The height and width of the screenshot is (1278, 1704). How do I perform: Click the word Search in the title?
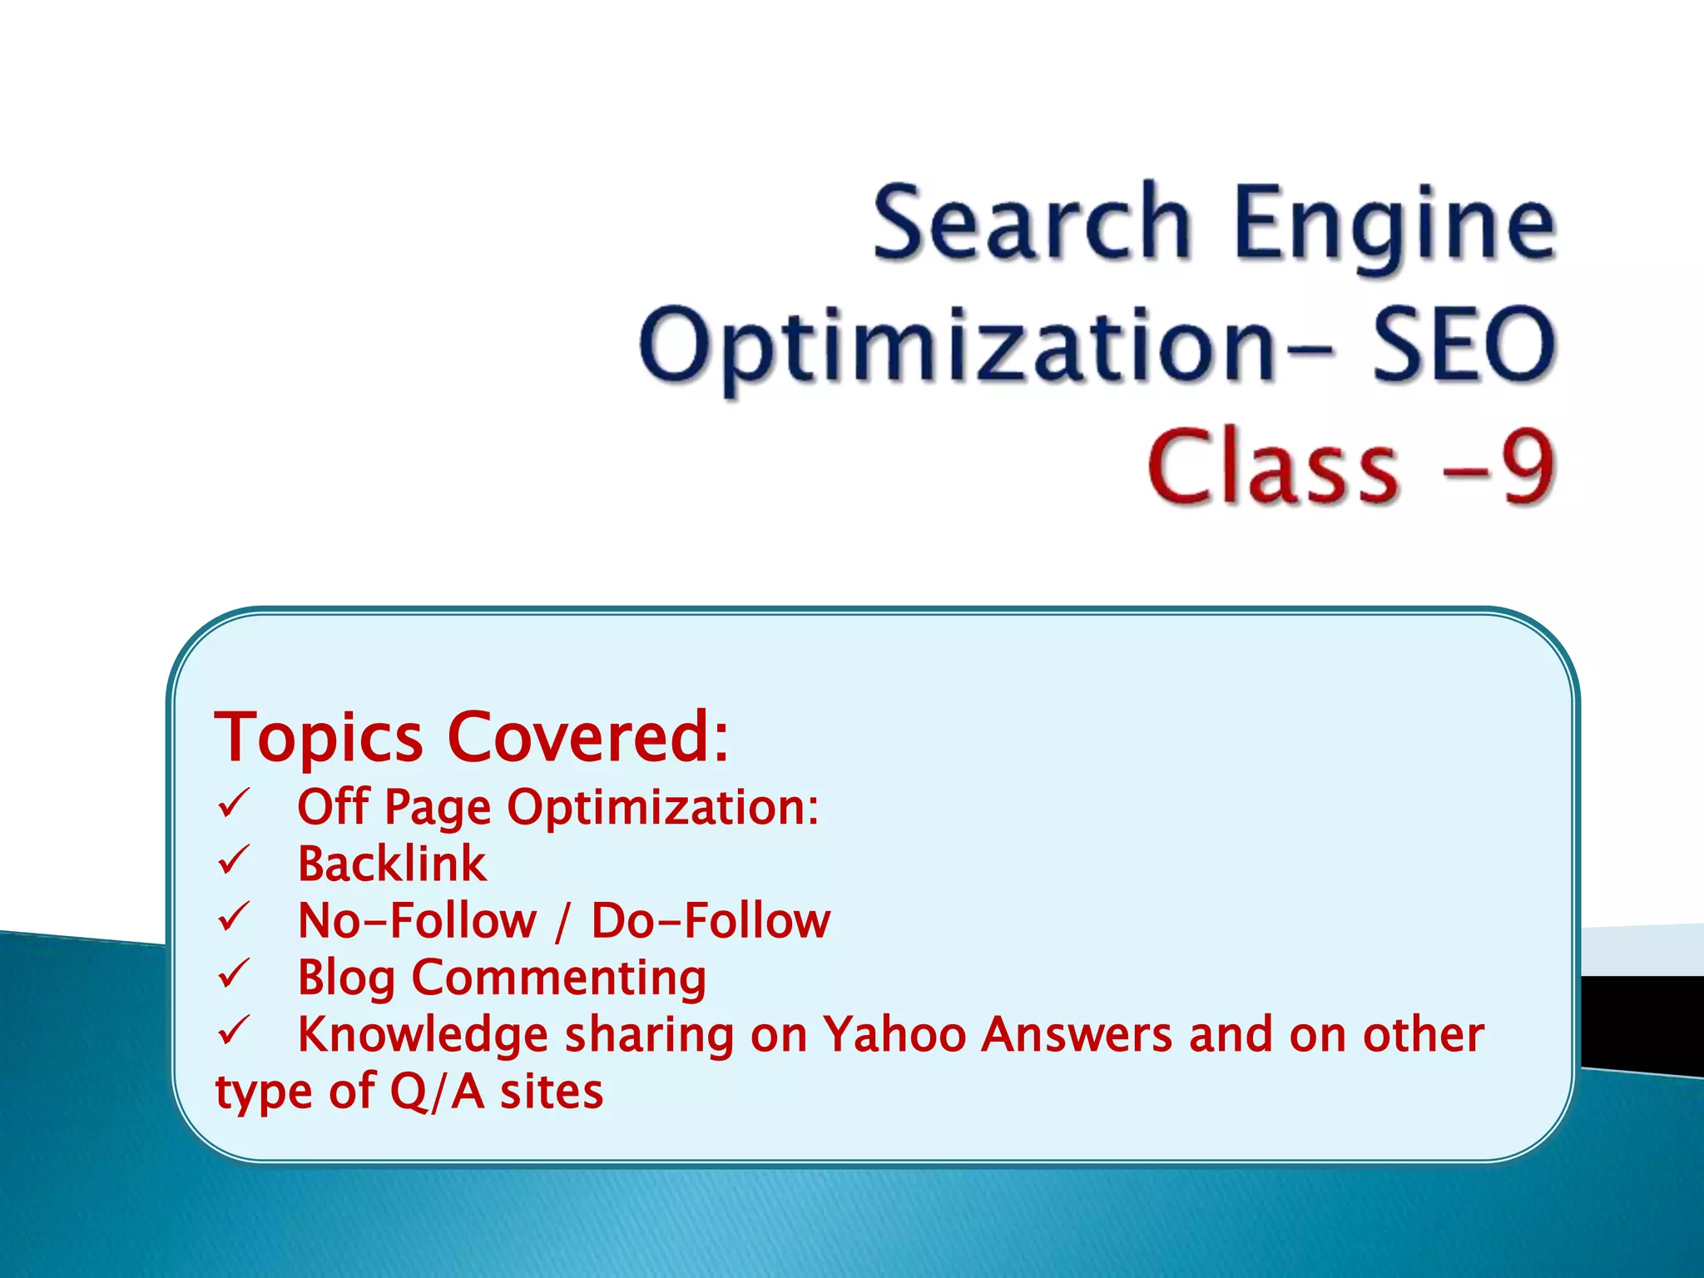[1032, 223]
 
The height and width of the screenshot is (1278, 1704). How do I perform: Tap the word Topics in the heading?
[319, 737]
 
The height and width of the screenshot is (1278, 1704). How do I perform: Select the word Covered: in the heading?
[588, 737]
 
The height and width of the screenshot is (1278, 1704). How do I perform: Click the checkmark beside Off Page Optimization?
[234, 805]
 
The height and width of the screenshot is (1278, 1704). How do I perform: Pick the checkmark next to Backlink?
[234, 861]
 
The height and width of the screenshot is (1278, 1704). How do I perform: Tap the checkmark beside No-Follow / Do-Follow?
[234, 918]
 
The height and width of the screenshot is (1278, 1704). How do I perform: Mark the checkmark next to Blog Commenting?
[234, 974]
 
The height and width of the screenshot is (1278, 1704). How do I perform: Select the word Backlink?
[392, 864]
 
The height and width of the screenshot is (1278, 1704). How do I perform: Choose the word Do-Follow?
[711, 920]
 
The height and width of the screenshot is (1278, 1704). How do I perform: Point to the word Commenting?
[559, 978]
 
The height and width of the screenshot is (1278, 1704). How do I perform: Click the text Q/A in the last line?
[437, 1092]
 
